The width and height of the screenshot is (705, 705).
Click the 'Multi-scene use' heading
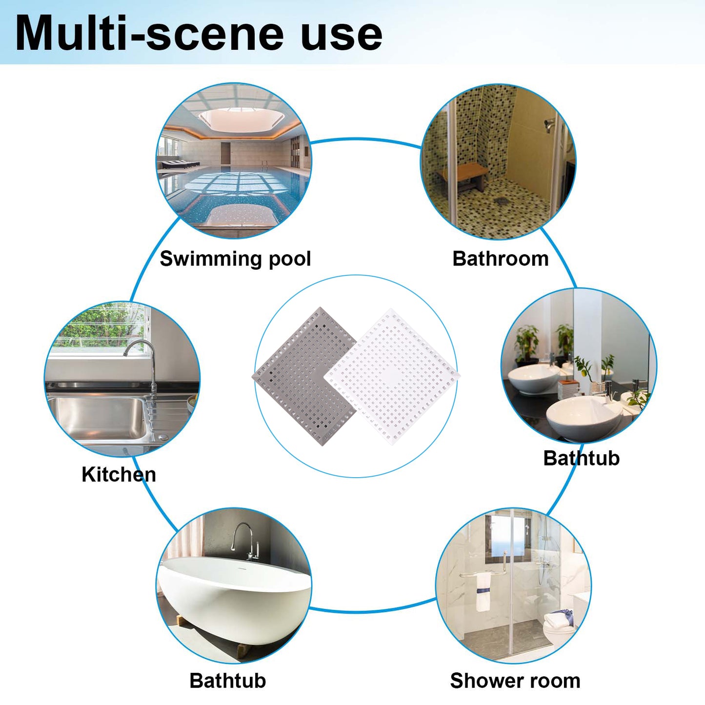click(199, 34)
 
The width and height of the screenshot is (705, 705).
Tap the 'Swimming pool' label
click(235, 259)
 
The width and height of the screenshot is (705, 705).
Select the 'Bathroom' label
click(501, 259)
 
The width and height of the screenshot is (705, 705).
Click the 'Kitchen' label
click(119, 475)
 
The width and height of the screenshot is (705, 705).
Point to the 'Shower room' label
click(515, 681)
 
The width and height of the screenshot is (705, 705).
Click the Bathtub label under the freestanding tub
click(227, 681)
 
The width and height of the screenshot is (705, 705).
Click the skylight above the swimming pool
click(242, 119)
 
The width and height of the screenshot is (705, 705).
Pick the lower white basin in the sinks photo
click(584, 417)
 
